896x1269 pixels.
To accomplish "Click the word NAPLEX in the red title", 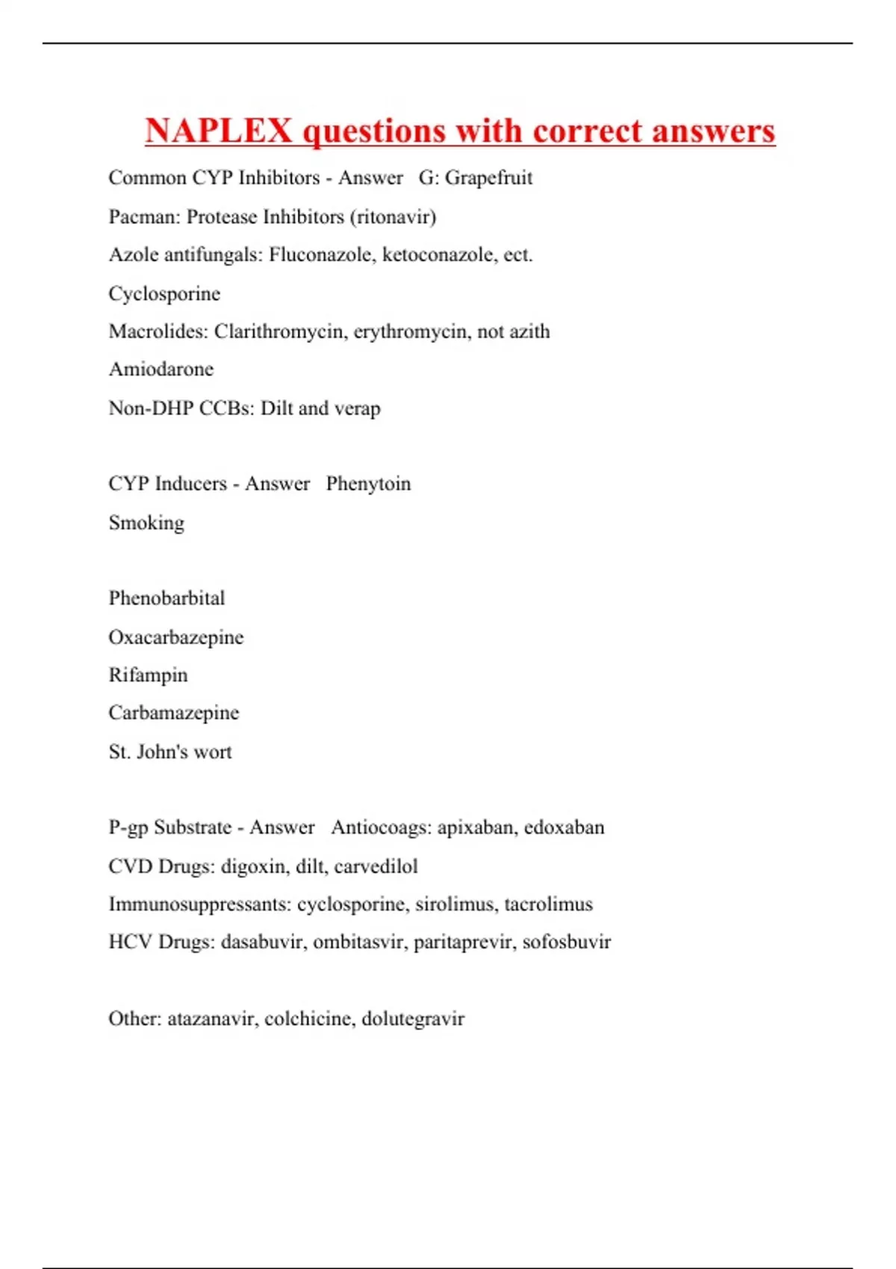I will click(x=218, y=131).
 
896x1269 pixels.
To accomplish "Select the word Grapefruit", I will click(x=488, y=178).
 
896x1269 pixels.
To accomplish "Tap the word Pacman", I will click(x=143, y=217).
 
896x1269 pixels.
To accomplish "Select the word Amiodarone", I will click(x=161, y=370).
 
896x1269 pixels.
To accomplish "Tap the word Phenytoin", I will click(x=368, y=484).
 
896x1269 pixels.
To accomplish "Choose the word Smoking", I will click(x=146, y=523).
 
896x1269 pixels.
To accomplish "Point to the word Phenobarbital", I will click(x=167, y=599).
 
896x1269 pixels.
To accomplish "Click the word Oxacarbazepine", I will click(x=176, y=637).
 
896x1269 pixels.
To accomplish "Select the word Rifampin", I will click(x=148, y=676).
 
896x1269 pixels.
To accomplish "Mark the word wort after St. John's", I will click(x=213, y=752).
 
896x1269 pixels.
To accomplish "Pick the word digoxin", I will click(x=253, y=867).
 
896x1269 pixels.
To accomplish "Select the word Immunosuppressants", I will click(x=199, y=905).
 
